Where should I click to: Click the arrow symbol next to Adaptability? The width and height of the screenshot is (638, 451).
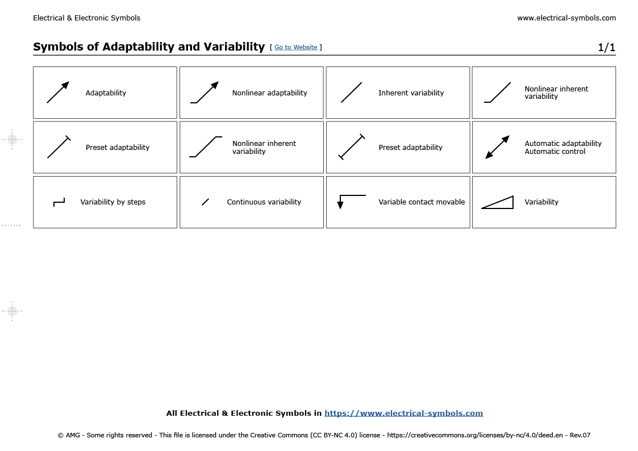point(58,92)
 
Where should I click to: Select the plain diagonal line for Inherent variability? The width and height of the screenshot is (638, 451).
point(351,93)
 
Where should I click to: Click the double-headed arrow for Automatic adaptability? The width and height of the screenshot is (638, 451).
point(498,147)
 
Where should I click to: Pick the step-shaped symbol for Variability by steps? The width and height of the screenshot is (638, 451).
point(59,202)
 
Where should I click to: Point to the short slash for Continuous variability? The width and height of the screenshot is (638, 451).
point(206,202)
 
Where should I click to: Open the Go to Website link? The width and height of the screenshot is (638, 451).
point(295,47)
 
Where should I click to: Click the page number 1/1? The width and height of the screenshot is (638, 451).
point(606,48)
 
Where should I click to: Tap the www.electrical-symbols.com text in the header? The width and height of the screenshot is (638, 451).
point(566,18)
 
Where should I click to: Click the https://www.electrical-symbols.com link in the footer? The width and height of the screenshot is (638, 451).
point(403,414)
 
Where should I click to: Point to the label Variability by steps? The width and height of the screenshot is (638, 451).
point(112,202)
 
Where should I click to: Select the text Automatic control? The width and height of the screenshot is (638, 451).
point(554,152)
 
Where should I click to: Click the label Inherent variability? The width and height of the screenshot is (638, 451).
point(411,93)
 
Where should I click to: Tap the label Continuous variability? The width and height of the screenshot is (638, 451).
point(264,202)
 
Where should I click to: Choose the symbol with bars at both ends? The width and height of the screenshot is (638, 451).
point(351,147)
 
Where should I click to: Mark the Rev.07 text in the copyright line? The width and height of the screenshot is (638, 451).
point(579,436)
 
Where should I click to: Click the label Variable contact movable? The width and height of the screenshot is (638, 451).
point(422,202)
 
